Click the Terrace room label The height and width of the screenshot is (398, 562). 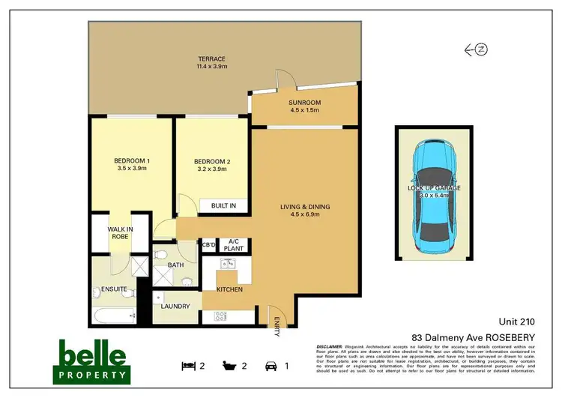[211, 63]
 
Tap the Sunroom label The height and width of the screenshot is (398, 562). [304, 106]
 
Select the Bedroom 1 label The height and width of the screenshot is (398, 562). [132, 164]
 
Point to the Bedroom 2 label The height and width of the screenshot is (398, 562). [211, 164]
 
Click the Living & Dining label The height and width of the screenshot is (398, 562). [303, 211]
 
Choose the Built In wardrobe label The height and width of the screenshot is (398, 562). [223, 205]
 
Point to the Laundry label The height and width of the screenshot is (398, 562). [175, 306]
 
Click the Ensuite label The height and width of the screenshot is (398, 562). [115, 289]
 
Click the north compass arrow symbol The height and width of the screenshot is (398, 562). [476, 50]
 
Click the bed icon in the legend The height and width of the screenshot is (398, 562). [188, 366]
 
